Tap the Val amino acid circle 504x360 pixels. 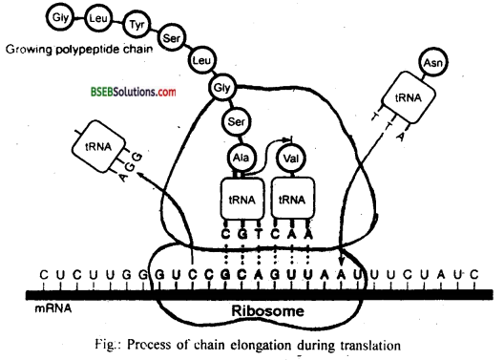pos(292,154)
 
